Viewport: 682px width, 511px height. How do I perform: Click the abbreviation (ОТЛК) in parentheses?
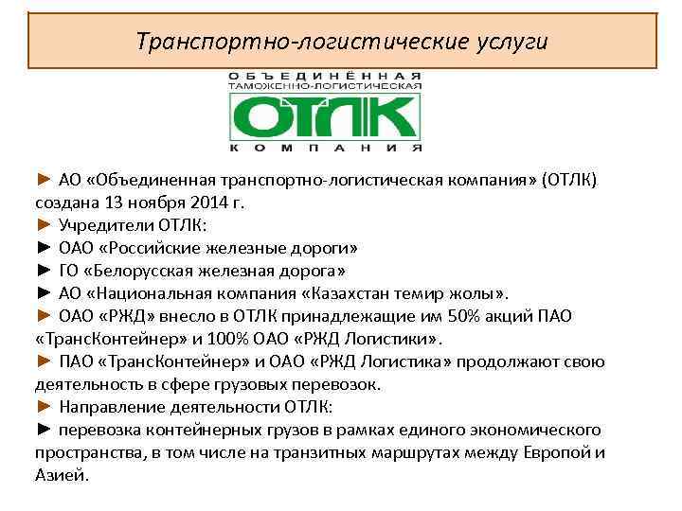(x=570, y=179)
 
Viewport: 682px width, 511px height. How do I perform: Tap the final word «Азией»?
(x=62, y=476)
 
